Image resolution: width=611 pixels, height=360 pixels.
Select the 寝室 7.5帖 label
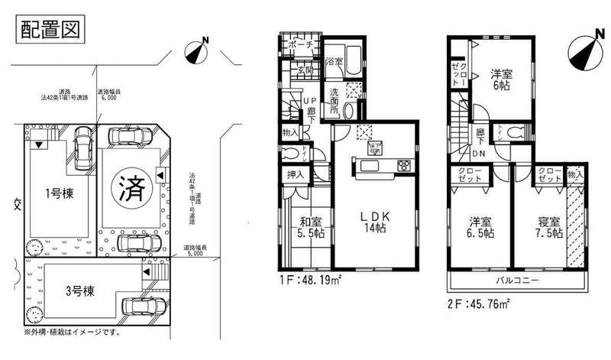548,227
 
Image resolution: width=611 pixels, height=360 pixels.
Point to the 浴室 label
335,60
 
